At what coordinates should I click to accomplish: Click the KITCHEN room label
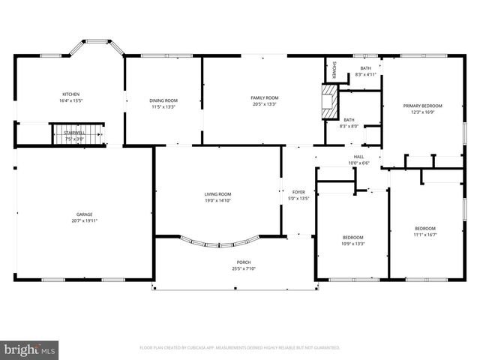[70, 94]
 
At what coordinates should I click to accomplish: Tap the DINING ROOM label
[164, 100]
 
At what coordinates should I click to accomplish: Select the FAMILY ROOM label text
[264, 97]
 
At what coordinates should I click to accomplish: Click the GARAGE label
[84, 214]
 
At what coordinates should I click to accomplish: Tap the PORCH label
[235, 262]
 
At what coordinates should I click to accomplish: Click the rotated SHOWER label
[334, 69]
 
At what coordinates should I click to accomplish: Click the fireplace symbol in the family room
[328, 102]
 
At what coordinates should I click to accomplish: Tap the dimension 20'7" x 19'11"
[84, 220]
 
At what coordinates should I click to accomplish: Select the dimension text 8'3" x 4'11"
[364, 74]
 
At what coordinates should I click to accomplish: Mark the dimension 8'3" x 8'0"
[349, 126]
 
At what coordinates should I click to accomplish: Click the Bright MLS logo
[30, 349]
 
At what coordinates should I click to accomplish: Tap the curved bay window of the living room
[222, 243]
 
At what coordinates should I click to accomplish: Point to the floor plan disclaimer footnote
[239, 348]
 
